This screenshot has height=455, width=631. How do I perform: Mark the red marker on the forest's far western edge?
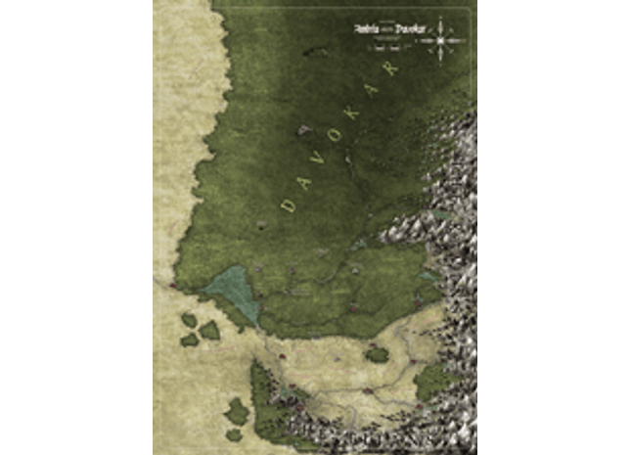(x=173, y=285)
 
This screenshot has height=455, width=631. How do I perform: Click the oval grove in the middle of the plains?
(x=376, y=354)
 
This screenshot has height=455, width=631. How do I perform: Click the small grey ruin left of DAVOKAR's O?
(x=305, y=128)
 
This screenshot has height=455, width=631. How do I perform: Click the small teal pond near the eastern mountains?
(x=427, y=276)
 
